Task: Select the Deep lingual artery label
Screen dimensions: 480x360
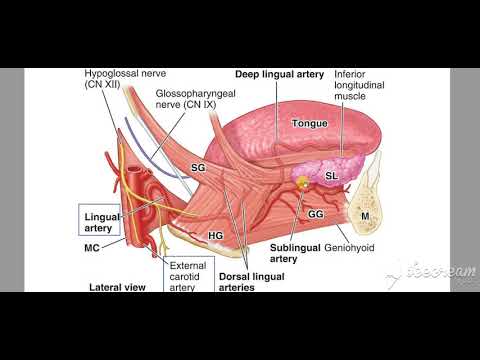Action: [279, 74]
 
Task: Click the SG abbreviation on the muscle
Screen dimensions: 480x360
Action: [198, 170]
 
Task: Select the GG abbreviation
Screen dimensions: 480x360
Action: [315, 213]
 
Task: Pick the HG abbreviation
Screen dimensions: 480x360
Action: [215, 235]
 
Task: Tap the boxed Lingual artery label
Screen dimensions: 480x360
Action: [102, 220]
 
